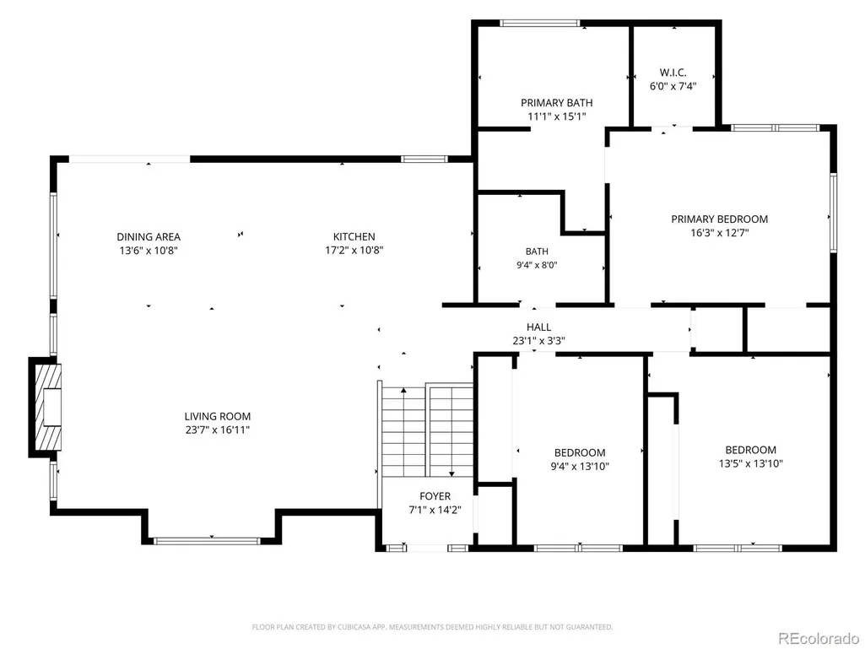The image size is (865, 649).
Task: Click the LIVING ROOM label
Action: pyautogui.click(x=218, y=417)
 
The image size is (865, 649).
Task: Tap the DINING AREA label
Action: pyautogui.click(x=149, y=237)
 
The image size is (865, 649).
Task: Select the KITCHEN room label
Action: pyautogui.click(x=354, y=237)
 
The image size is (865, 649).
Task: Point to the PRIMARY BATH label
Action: pyautogui.click(x=557, y=103)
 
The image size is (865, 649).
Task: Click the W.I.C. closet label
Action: pyautogui.click(x=673, y=73)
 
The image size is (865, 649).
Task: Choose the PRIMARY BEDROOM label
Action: pyautogui.click(x=719, y=219)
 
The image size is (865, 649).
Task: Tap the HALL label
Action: pyautogui.click(x=538, y=327)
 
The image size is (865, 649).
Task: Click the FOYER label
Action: pyautogui.click(x=435, y=496)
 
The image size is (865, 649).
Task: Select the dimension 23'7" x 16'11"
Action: pyautogui.click(x=218, y=430)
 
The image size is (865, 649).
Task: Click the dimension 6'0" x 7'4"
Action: pyautogui.click(x=673, y=86)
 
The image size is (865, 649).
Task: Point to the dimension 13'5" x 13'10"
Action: pyautogui.click(x=751, y=463)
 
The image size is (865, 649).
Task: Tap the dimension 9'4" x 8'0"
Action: pyautogui.click(x=537, y=265)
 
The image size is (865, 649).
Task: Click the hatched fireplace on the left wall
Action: pyautogui.click(x=46, y=408)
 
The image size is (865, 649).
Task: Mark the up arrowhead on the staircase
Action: pyautogui.click(x=404, y=390)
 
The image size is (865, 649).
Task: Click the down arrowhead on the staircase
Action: pyautogui.click(x=451, y=473)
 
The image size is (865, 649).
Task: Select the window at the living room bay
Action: pyautogui.click(x=206, y=541)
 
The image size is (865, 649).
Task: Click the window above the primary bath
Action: pyautogui.click(x=539, y=23)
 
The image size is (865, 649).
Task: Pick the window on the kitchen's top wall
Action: pyautogui.click(x=424, y=159)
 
